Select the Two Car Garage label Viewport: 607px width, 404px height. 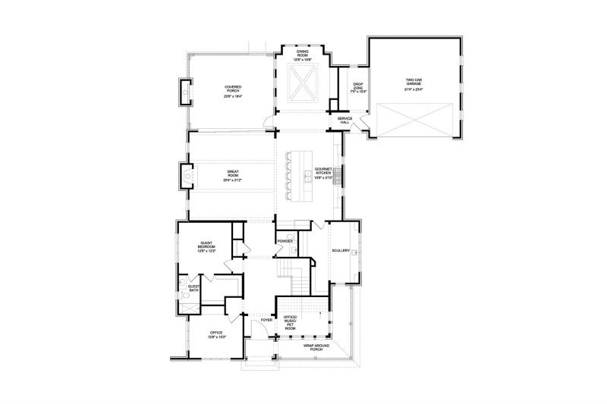pyautogui.click(x=414, y=81)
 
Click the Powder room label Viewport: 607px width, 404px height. pyautogui.click(x=285, y=241)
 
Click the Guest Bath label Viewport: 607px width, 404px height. pyautogui.click(x=194, y=287)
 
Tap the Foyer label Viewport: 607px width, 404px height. pyautogui.click(x=266, y=320)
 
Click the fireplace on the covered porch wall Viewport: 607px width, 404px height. pyautogui.click(x=184, y=92)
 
